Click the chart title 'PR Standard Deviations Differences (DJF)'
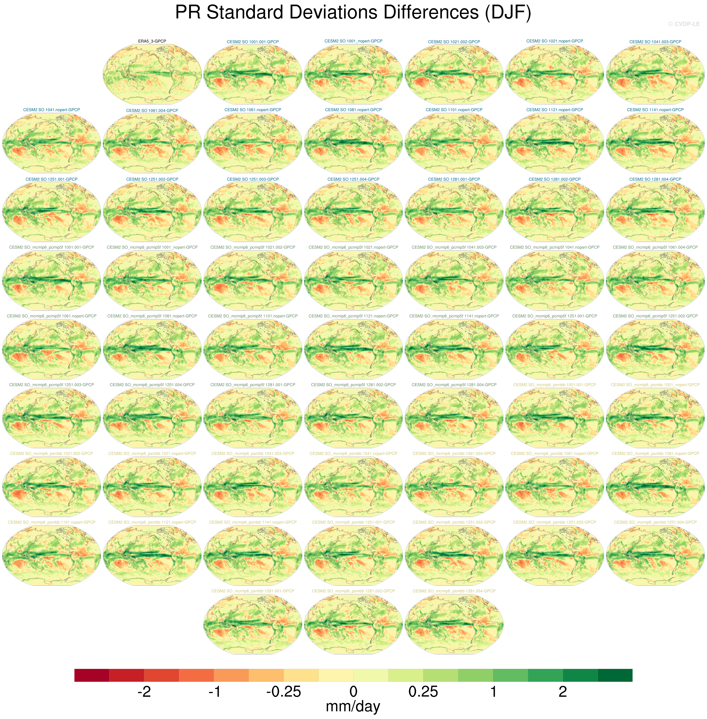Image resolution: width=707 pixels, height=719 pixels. point(353,13)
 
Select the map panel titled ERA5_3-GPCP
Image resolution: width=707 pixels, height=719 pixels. point(152,74)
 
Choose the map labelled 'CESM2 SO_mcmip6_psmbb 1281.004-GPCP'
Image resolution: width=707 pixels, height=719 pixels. point(454,624)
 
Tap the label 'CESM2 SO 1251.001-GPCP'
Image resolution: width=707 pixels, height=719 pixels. point(52,179)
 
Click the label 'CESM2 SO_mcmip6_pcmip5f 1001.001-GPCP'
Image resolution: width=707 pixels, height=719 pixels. point(52,247)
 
